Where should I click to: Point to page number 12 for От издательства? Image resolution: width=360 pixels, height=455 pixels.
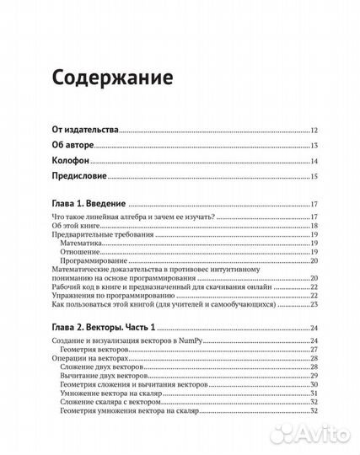(313, 131)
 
